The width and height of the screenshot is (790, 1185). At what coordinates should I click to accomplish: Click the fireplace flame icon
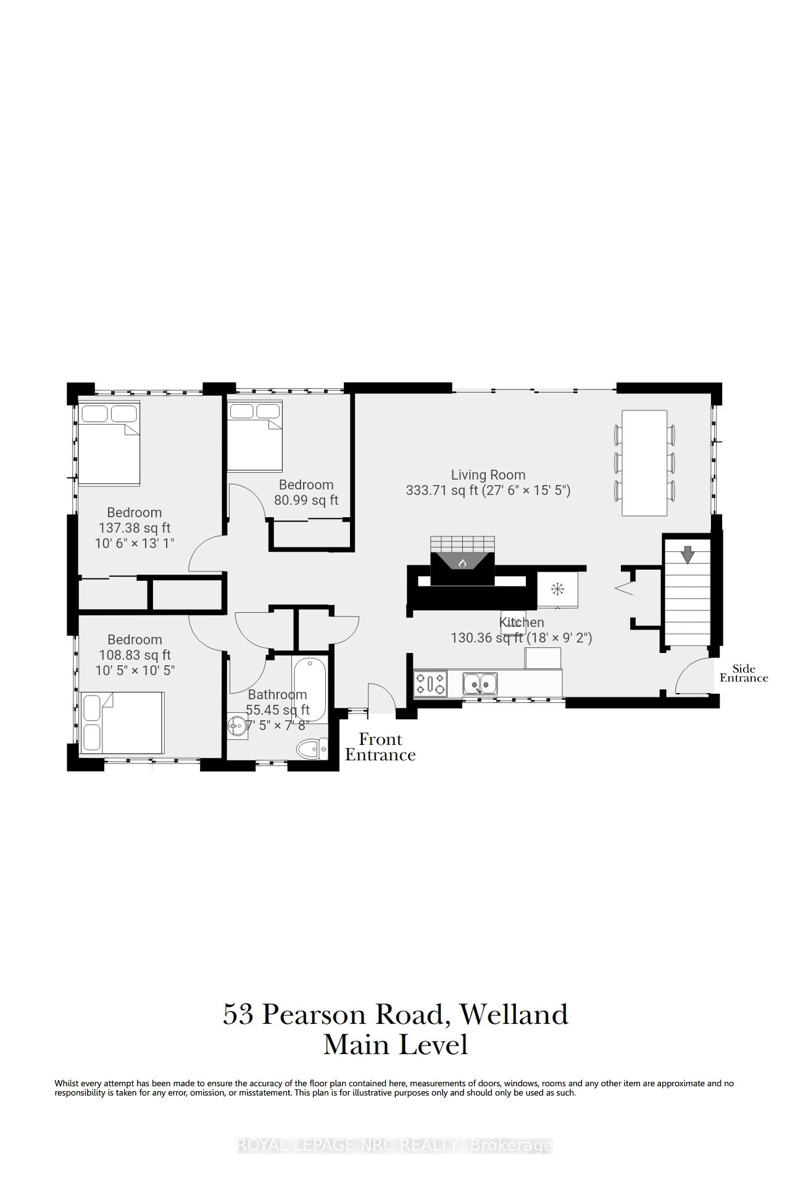point(462,563)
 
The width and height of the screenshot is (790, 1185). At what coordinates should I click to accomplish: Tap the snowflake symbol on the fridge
point(558,589)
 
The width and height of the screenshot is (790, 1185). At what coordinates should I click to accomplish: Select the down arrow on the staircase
point(687,554)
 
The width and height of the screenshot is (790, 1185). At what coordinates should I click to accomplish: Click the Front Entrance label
point(380,747)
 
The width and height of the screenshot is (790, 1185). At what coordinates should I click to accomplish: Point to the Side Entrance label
point(744,673)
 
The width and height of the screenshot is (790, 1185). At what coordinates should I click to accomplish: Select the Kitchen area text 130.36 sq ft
point(489,638)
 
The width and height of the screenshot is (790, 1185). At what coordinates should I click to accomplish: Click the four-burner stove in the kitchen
point(431,684)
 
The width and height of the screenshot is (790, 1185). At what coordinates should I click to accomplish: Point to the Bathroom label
point(278,694)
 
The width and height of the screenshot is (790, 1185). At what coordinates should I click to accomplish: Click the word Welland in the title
point(514,1015)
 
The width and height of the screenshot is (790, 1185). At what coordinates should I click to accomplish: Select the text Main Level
point(396,1045)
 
